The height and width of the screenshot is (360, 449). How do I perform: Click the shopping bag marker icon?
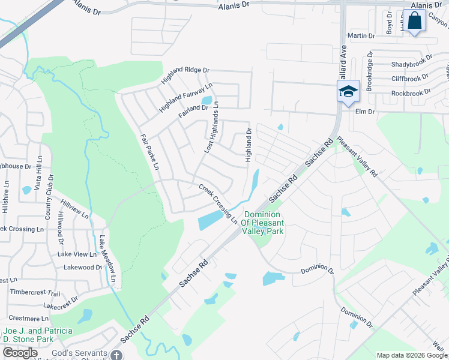[x=414, y=21]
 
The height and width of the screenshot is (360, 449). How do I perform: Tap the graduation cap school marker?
[x=348, y=91]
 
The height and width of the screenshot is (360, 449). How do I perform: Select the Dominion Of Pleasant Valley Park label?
[x=262, y=224]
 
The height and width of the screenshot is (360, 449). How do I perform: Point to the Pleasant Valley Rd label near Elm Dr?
[x=357, y=157]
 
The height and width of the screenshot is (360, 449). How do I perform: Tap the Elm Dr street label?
[x=364, y=112]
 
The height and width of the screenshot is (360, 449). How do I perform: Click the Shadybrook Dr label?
[x=411, y=64]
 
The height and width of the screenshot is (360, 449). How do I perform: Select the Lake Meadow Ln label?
[x=107, y=260]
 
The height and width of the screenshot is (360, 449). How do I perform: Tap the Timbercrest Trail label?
[x=35, y=293]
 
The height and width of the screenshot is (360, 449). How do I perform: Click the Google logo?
[x=20, y=353]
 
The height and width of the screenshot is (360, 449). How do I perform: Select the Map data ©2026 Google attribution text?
[x=411, y=355]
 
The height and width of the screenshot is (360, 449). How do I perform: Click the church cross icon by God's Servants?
[x=116, y=355]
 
